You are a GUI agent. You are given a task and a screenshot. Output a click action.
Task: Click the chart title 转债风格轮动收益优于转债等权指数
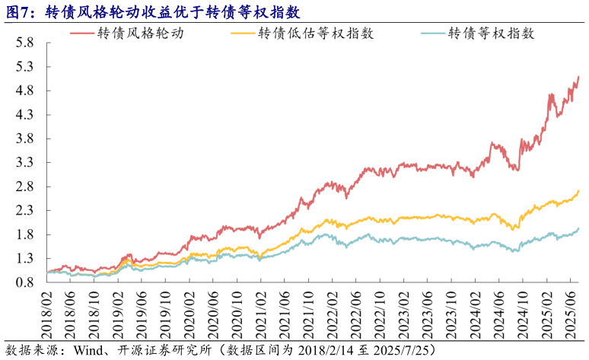[x=172, y=13]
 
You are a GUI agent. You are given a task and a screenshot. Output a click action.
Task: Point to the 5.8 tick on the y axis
[x=24, y=43]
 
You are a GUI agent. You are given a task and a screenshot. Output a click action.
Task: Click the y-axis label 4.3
[x=24, y=115]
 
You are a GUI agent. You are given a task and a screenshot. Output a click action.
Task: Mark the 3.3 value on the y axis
[x=24, y=163]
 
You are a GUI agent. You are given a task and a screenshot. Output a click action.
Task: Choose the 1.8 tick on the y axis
[x=24, y=234]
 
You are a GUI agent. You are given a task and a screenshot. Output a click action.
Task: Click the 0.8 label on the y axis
[x=24, y=282]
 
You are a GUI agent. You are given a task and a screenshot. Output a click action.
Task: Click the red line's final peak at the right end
[x=579, y=76]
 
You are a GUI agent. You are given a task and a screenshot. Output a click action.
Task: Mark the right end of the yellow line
[x=579, y=190]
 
